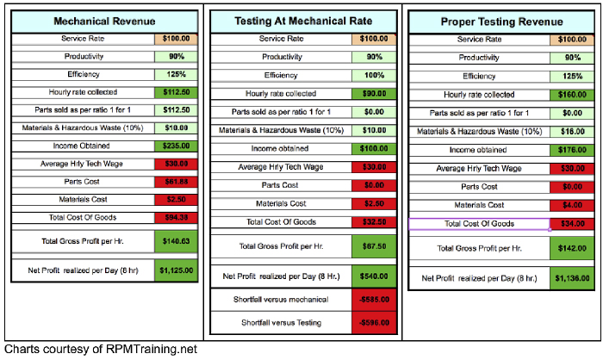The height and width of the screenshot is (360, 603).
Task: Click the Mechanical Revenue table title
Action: [x=103, y=21]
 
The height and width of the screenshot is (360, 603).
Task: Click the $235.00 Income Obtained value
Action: [x=177, y=146]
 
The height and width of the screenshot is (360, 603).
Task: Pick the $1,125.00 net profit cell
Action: [x=177, y=270]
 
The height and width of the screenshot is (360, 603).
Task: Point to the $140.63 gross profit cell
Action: [x=177, y=241]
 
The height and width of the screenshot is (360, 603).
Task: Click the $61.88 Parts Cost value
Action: [x=177, y=182]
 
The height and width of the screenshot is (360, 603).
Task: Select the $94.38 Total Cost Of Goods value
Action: [x=177, y=216]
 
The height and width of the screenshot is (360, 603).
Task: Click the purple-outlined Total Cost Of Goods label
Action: [x=479, y=224]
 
